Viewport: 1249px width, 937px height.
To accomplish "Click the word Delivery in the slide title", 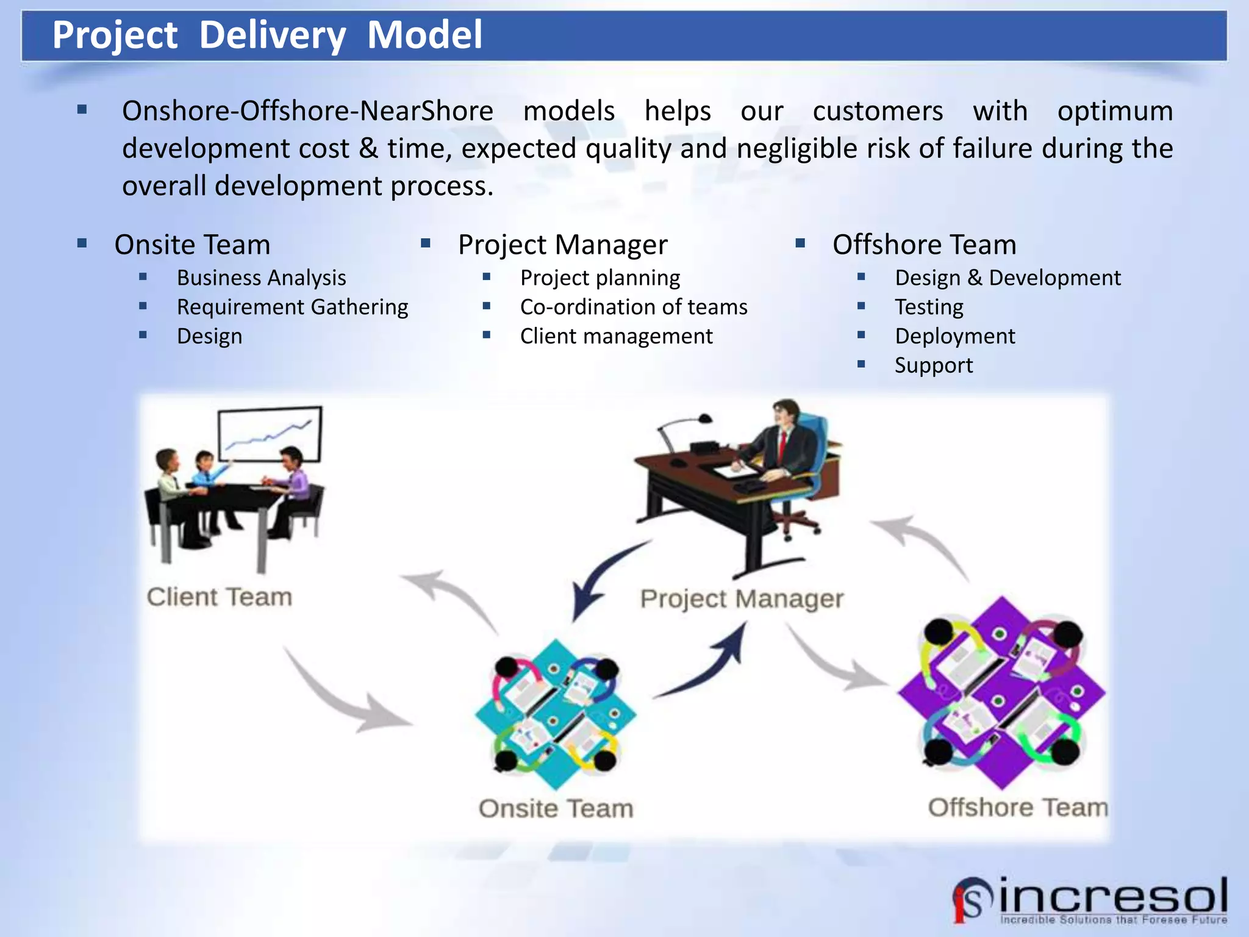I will pyautogui.click(x=272, y=35).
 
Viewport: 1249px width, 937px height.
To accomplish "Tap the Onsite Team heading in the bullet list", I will pyautogui.click(x=192, y=245).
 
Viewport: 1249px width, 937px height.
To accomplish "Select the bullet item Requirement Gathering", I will pyautogui.click(x=292, y=307).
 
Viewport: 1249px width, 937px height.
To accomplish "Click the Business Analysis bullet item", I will pyautogui.click(x=261, y=278).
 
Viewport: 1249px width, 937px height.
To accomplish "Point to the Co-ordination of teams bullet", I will pyautogui.click(x=633, y=307).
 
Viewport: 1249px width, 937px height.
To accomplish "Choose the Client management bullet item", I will pyautogui.click(x=616, y=336).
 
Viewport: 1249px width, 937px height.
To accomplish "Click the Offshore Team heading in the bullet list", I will pyautogui.click(x=924, y=245).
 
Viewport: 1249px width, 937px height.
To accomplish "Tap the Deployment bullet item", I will pyautogui.click(x=954, y=336).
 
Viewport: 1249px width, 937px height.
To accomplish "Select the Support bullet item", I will pyautogui.click(x=933, y=365).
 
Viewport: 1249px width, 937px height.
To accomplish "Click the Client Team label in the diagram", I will pyautogui.click(x=220, y=597).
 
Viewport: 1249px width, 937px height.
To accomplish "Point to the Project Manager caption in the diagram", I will pyautogui.click(x=742, y=598).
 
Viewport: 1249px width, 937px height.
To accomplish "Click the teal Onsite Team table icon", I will pyautogui.click(x=555, y=714).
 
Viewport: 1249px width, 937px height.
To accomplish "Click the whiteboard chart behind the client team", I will pyautogui.click(x=270, y=434).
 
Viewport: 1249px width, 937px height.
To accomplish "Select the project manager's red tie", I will pyautogui.click(x=782, y=445).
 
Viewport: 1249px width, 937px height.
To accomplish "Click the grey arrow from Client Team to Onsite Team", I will pyautogui.click(x=342, y=695).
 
